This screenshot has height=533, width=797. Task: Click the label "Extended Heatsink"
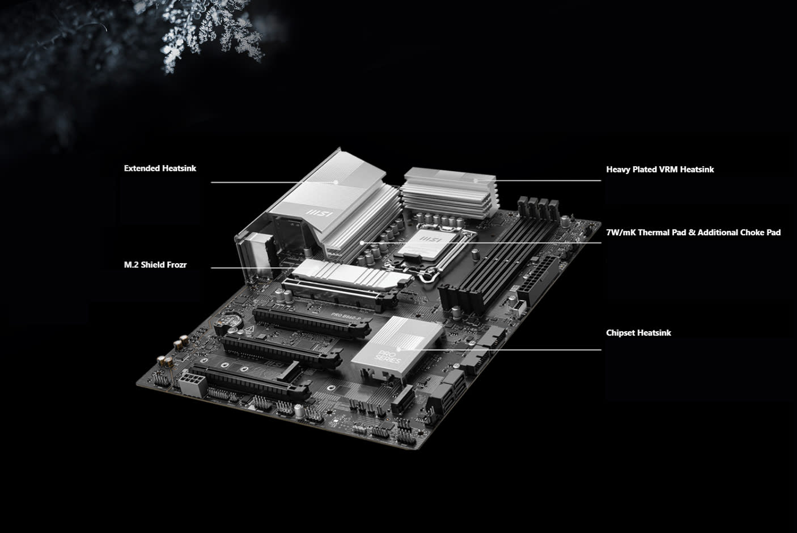tap(160, 168)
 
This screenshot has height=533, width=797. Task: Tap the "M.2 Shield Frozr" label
tap(155, 265)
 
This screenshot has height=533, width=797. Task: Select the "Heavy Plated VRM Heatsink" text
tap(660, 170)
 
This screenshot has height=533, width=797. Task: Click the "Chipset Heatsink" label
tap(638, 333)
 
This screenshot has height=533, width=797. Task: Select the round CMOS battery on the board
tap(230, 319)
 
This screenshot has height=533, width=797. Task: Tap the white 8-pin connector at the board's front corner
tap(192, 384)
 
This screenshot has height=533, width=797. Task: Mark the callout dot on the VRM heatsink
tap(476, 180)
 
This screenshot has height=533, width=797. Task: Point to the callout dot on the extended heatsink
tap(336, 182)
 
